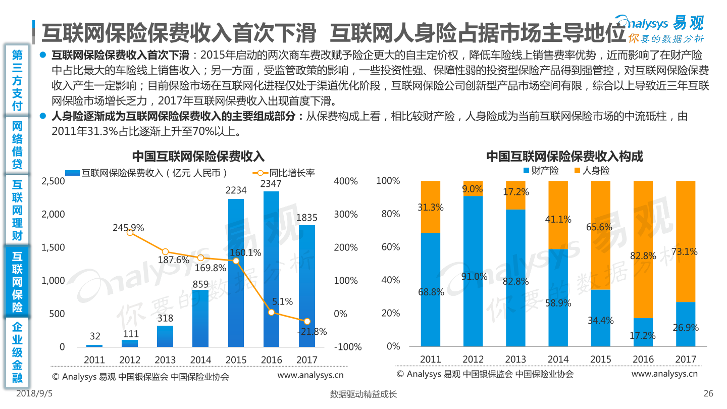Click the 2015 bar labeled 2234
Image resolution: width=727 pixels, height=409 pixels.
coord(236,273)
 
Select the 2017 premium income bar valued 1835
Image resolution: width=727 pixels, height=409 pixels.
coord(306,286)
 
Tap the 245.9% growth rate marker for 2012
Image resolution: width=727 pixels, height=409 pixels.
coord(130,232)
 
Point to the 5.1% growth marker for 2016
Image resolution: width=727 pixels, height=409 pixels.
coord(271,313)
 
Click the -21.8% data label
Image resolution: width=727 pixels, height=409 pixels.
coord(312,332)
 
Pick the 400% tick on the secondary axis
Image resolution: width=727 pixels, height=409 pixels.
coord(346,181)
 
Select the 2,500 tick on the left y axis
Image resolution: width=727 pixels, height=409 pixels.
coord(53,181)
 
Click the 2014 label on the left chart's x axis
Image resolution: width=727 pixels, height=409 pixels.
coord(200,360)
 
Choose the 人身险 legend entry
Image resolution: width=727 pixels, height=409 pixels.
coord(592,171)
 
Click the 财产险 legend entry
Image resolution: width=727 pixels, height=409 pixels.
coord(541,171)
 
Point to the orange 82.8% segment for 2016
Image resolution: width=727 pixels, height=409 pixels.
coord(643,249)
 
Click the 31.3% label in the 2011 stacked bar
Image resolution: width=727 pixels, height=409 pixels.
coord(431,207)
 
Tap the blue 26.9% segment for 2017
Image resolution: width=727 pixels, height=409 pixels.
coord(685,324)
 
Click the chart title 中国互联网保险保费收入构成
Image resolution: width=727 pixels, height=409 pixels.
coord(564,156)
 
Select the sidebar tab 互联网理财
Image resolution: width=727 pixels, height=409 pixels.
coord(18,210)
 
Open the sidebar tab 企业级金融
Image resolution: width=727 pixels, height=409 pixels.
coord(18,352)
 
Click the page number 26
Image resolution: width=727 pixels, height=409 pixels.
coord(708,394)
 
